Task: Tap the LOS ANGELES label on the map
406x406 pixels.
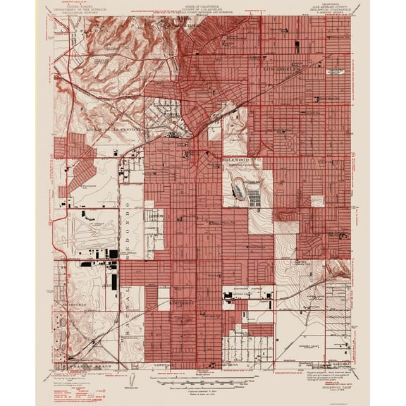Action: point(281,70)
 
